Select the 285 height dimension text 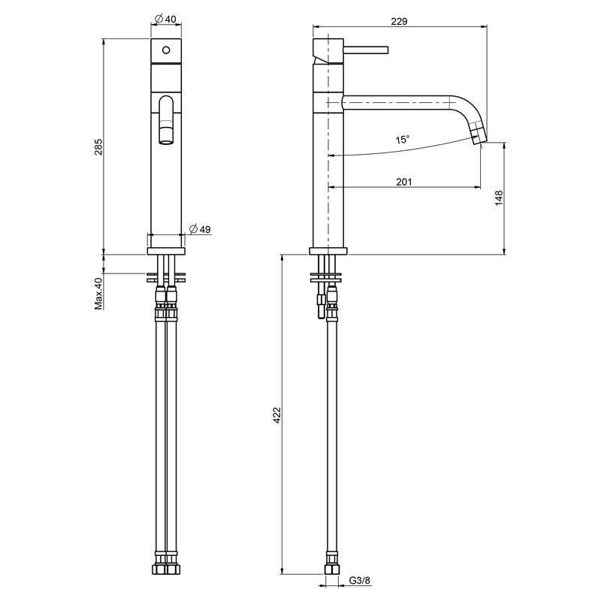(x=98, y=146)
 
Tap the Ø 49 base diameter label (x=200, y=229)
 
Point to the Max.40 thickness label (x=98, y=293)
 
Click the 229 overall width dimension (x=399, y=21)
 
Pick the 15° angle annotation (x=403, y=139)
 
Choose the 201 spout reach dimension (x=404, y=181)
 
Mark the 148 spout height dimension (x=499, y=198)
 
